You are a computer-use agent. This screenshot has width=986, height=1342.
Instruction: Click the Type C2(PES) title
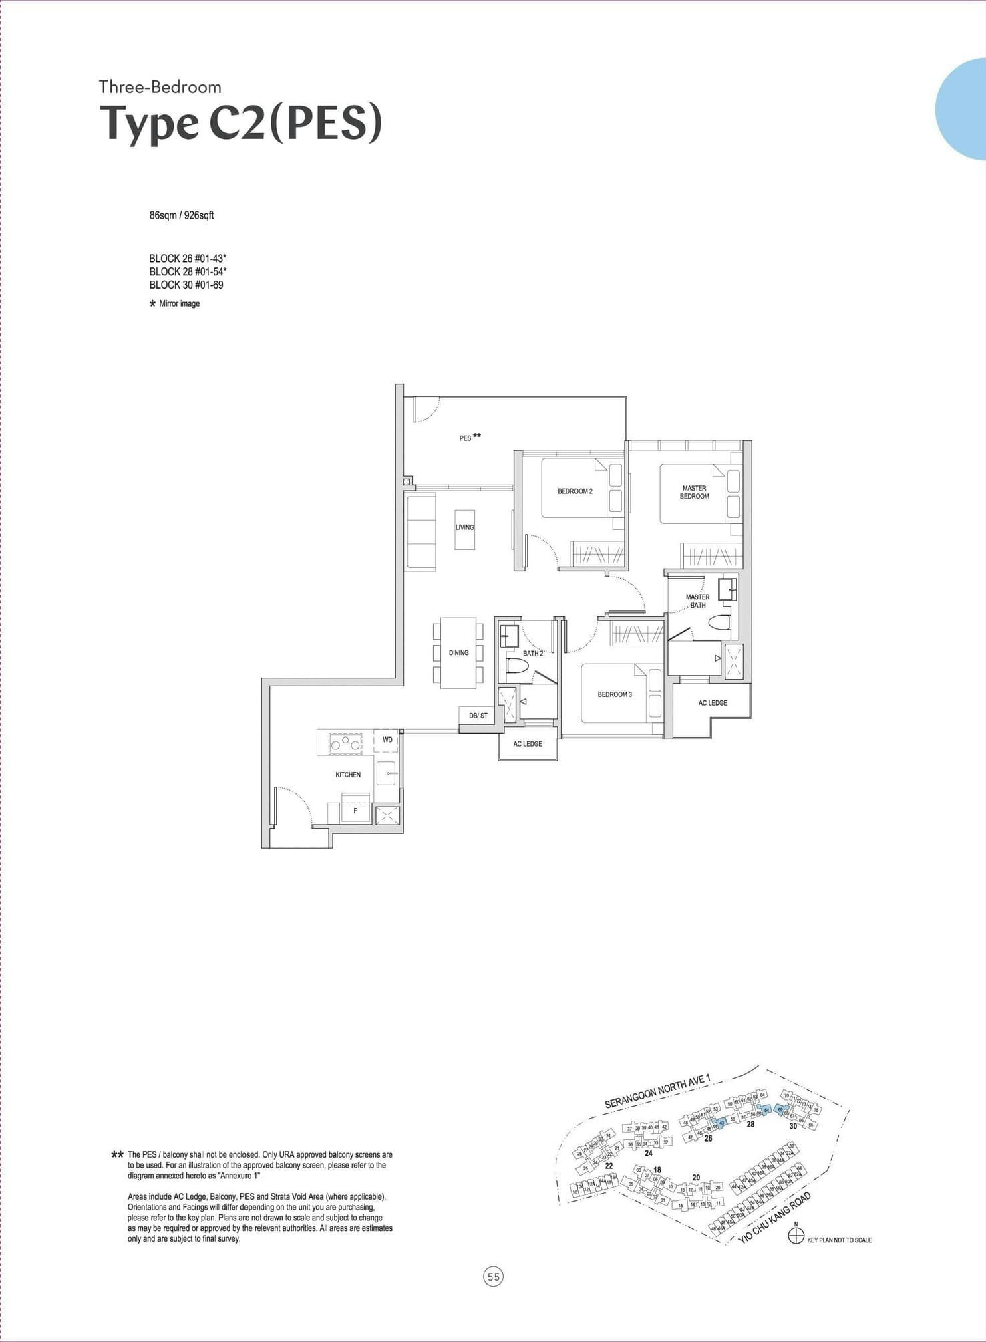click(x=240, y=124)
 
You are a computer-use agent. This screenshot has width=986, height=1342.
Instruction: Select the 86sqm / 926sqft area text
click(x=182, y=215)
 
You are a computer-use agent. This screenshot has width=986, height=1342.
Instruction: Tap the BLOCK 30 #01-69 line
click(x=186, y=285)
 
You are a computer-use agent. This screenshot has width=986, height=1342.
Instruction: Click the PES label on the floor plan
click(x=466, y=438)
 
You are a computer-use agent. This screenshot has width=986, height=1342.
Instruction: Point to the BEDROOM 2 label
click(x=575, y=491)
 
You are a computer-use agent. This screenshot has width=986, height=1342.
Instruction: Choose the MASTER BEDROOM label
click(x=695, y=492)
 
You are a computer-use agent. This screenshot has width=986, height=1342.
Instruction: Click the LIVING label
click(x=464, y=527)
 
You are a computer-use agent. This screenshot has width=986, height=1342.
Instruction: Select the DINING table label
click(x=458, y=652)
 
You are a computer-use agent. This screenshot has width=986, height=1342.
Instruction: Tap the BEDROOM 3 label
click(x=615, y=694)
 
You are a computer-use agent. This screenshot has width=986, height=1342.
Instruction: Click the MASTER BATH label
click(x=697, y=601)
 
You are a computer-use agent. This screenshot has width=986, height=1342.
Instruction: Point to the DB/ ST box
click(x=478, y=716)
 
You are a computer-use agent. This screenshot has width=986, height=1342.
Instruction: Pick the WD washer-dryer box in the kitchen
click(x=387, y=740)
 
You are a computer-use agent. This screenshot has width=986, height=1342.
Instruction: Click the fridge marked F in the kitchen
click(x=355, y=811)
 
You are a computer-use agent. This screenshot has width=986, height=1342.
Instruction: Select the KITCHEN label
click(x=348, y=775)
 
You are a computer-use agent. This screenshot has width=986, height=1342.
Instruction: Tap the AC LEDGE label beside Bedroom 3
click(x=713, y=703)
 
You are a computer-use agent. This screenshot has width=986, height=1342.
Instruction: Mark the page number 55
click(x=493, y=1277)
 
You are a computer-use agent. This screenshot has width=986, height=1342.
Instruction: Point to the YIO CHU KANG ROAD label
click(x=775, y=1218)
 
